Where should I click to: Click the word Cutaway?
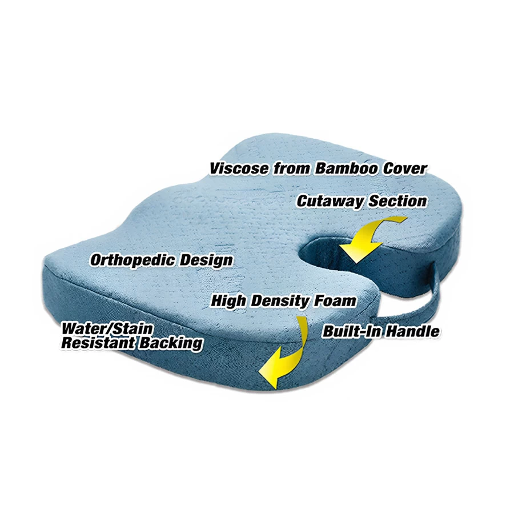[x=330, y=202]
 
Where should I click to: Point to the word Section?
[x=397, y=201]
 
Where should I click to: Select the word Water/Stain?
[x=107, y=328]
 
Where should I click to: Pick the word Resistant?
[x=98, y=343]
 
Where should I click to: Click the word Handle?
[x=412, y=331]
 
